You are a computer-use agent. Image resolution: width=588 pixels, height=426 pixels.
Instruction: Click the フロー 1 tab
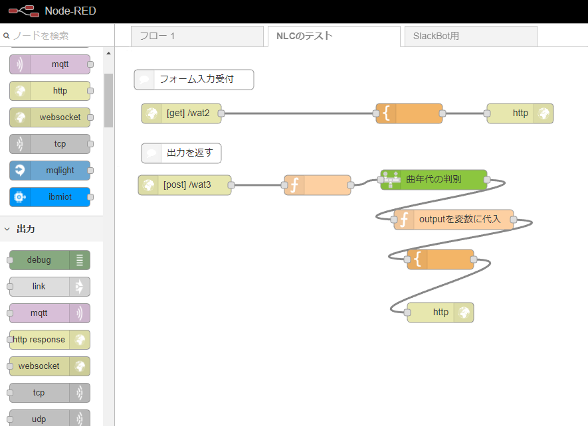197,36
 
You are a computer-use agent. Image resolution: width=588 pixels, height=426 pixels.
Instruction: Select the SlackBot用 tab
470,36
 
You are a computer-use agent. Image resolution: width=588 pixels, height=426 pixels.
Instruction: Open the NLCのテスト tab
334,36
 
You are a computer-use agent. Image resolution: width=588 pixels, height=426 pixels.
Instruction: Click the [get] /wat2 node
181,113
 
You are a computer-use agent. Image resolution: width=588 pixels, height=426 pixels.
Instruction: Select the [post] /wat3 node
185,184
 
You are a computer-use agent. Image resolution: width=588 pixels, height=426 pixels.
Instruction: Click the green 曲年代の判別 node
434,179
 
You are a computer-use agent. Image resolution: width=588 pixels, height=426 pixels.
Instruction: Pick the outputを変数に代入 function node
454,219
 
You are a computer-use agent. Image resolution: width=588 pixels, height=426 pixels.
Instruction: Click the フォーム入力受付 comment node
194,80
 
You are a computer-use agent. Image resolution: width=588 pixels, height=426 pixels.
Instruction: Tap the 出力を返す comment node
181,153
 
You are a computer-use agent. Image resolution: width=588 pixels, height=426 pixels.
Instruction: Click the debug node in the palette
50,260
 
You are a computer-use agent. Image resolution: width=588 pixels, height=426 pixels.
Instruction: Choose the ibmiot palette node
50,197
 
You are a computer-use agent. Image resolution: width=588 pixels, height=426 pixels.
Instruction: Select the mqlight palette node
50,171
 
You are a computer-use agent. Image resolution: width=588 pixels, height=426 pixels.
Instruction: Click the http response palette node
50,340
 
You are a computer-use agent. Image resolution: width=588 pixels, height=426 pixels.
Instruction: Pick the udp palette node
50,418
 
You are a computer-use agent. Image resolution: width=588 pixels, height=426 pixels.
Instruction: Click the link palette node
50,287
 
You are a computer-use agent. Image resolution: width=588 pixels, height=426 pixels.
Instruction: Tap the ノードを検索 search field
57,36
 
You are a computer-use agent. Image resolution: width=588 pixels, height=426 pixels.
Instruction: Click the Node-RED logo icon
24,11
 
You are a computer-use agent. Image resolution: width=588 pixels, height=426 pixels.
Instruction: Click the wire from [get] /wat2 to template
298,113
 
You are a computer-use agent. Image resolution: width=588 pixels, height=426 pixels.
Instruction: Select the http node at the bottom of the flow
441,313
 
